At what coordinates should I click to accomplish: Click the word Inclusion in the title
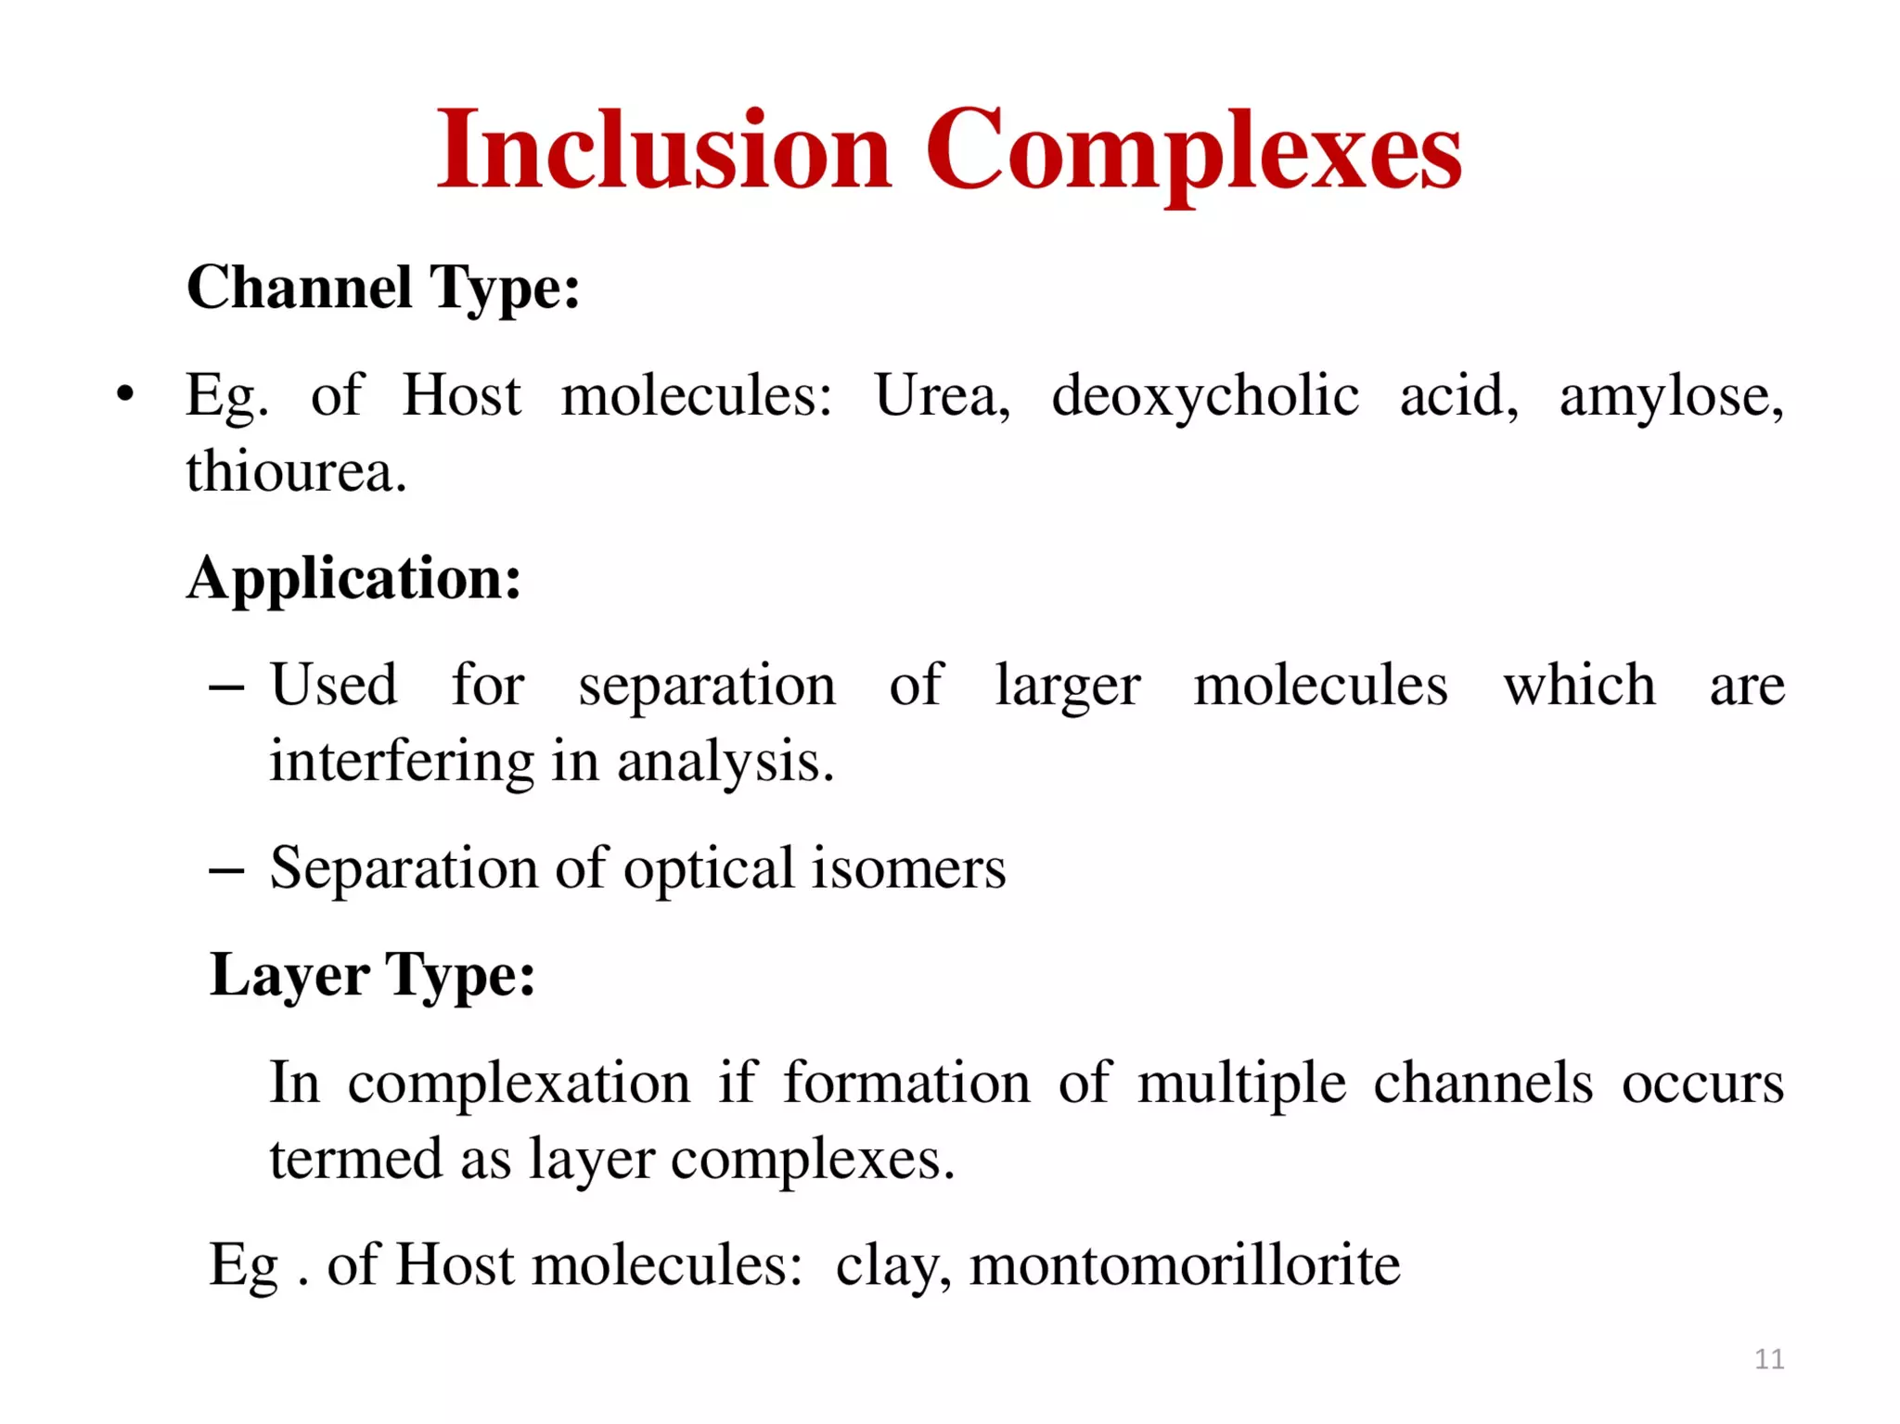click(x=663, y=150)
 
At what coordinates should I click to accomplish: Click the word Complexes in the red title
click(x=1193, y=150)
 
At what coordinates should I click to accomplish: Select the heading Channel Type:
click(x=383, y=288)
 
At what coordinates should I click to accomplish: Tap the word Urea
click(x=941, y=396)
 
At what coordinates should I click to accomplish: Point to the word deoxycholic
click(x=1204, y=396)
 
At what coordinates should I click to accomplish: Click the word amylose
click(x=1670, y=396)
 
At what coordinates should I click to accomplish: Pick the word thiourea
click(x=295, y=471)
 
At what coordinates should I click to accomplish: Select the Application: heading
click(x=353, y=578)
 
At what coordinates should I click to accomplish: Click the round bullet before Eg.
click(x=125, y=394)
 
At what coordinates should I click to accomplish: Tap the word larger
click(x=1067, y=686)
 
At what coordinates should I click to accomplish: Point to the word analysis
click(x=725, y=762)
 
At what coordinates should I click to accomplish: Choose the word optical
click(x=710, y=869)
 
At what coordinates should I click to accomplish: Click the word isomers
click(x=908, y=869)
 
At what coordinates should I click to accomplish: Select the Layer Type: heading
click(x=372, y=976)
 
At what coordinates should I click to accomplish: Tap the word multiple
click(x=1240, y=1083)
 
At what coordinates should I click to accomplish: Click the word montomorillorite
click(x=1184, y=1264)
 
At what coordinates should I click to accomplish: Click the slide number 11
click(x=1769, y=1359)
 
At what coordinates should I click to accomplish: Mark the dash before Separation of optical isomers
click(x=226, y=870)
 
